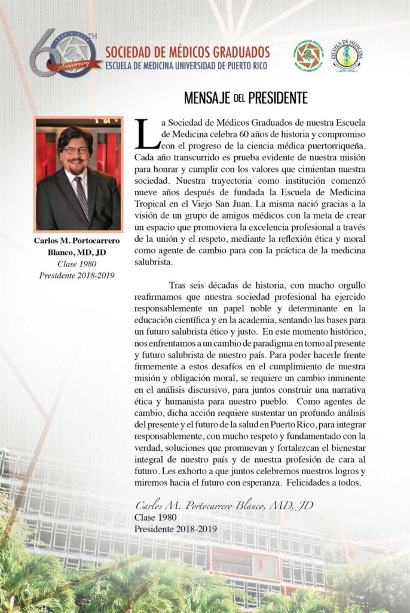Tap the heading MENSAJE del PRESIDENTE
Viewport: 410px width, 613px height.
point(246,97)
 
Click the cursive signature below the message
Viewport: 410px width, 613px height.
point(224,505)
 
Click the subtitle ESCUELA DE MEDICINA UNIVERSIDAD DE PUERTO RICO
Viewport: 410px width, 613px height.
point(186,65)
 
